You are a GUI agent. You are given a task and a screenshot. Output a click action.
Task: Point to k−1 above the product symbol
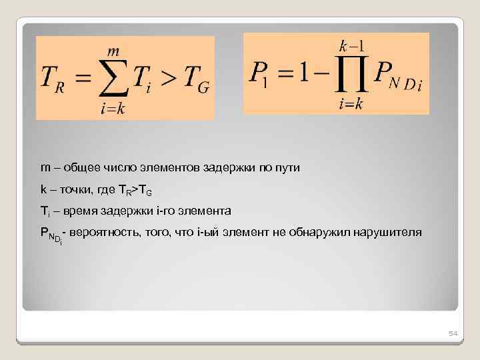pos(351,47)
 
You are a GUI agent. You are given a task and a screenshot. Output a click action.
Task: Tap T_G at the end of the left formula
pos(193,80)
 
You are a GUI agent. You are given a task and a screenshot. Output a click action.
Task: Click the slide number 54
pos(453,333)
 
